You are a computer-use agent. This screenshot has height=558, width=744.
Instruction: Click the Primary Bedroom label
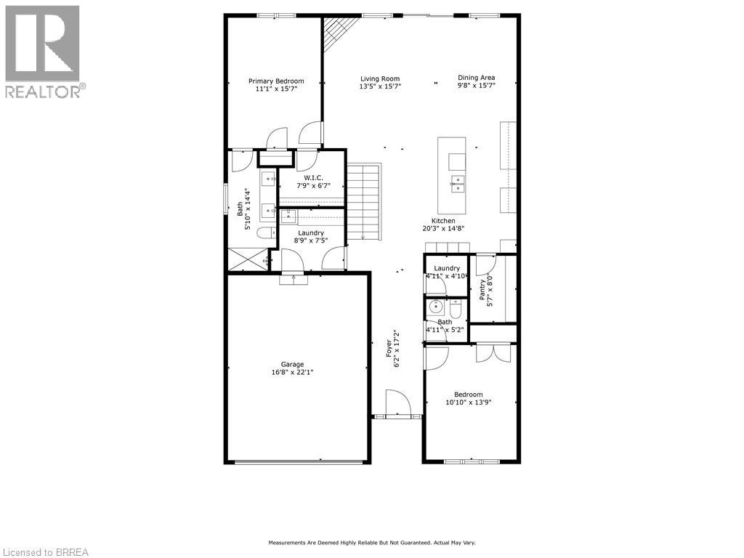276,81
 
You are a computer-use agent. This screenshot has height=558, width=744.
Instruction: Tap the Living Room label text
380,79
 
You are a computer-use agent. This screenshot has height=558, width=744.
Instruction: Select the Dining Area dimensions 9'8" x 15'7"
476,86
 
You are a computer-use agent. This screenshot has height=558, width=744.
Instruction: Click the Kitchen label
443,221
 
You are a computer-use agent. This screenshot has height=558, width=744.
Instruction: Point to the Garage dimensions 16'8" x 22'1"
293,372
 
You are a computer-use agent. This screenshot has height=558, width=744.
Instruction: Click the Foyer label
389,346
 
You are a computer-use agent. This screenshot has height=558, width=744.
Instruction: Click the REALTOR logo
44,51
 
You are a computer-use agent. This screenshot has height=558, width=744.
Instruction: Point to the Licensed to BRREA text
44,552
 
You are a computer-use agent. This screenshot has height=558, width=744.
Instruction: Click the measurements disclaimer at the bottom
371,543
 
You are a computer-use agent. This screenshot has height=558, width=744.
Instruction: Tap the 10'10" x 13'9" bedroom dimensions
468,402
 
